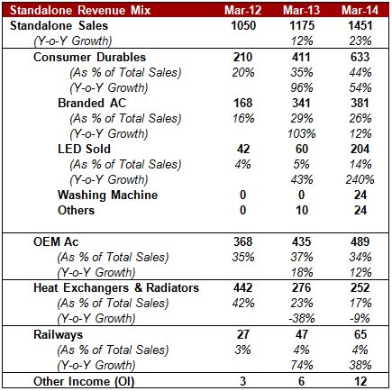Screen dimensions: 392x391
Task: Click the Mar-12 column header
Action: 242,10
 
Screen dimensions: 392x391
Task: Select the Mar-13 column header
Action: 301,10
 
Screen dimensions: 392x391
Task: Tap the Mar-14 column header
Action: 360,10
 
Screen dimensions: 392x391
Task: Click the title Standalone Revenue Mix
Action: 80,10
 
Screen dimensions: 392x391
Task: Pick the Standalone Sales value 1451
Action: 360,25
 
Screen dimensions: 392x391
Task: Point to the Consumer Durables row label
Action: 89,57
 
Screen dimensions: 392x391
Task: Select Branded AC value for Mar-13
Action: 301,103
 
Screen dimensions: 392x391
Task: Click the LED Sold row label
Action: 84,149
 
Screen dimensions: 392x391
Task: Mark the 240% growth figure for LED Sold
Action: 360,179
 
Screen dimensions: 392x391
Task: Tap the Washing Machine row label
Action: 107,195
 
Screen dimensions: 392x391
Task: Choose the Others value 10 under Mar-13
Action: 302,210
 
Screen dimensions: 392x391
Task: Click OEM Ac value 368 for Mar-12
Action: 243,241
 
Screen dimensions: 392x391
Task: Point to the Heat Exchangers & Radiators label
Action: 116,287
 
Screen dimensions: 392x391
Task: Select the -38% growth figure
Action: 302,318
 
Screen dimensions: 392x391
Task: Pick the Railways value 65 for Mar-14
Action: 360,334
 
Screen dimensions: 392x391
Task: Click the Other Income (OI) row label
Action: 84,381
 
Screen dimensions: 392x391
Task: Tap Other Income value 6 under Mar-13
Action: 302,381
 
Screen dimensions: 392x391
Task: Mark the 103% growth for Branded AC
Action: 302,133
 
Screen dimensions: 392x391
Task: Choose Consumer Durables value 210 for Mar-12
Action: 242,57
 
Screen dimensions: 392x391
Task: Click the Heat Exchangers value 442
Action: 243,287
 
